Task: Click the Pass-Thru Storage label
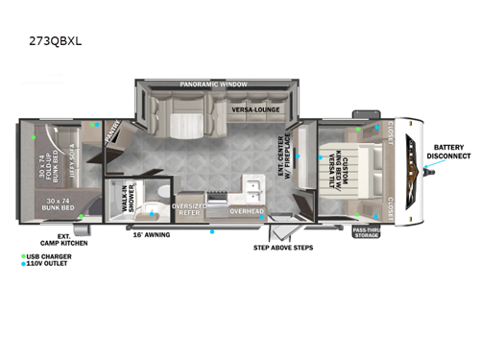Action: (x=365, y=232)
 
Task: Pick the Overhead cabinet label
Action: (x=246, y=209)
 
